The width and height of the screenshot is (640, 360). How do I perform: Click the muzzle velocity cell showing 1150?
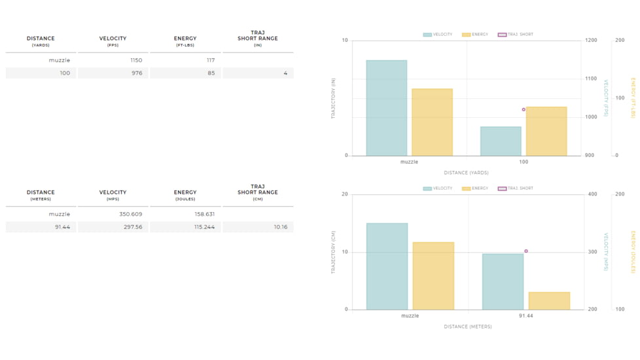coord(135,60)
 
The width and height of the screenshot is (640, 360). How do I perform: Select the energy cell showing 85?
coord(211,73)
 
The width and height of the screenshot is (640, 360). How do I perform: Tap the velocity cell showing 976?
coord(136,73)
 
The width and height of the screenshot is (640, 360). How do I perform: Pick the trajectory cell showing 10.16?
coord(280,227)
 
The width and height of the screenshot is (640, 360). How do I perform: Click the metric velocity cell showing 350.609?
coord(128,214)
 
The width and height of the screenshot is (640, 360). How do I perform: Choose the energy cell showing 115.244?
coord(202,227)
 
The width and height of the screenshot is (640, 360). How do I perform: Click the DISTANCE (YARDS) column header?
coord(41,41)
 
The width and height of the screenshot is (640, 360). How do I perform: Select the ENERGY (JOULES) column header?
coord(185,195)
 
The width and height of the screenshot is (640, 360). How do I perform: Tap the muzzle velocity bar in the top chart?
coord(386,108)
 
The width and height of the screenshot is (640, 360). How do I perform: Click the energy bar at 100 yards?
coord(546,131)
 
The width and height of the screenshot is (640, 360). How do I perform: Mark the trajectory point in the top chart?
coord(524,109)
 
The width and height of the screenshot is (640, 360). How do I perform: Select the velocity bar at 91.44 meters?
coord(503,281)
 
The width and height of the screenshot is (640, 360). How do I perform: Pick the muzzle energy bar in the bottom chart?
coord(433,276)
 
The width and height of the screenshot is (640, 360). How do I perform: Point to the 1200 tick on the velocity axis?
coord(591,41)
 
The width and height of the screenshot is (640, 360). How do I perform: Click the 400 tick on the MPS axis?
coord(592,194)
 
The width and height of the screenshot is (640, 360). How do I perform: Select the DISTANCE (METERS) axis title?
coord(467,327)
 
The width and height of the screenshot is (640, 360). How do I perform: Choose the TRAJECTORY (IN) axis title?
coord(333,98)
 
